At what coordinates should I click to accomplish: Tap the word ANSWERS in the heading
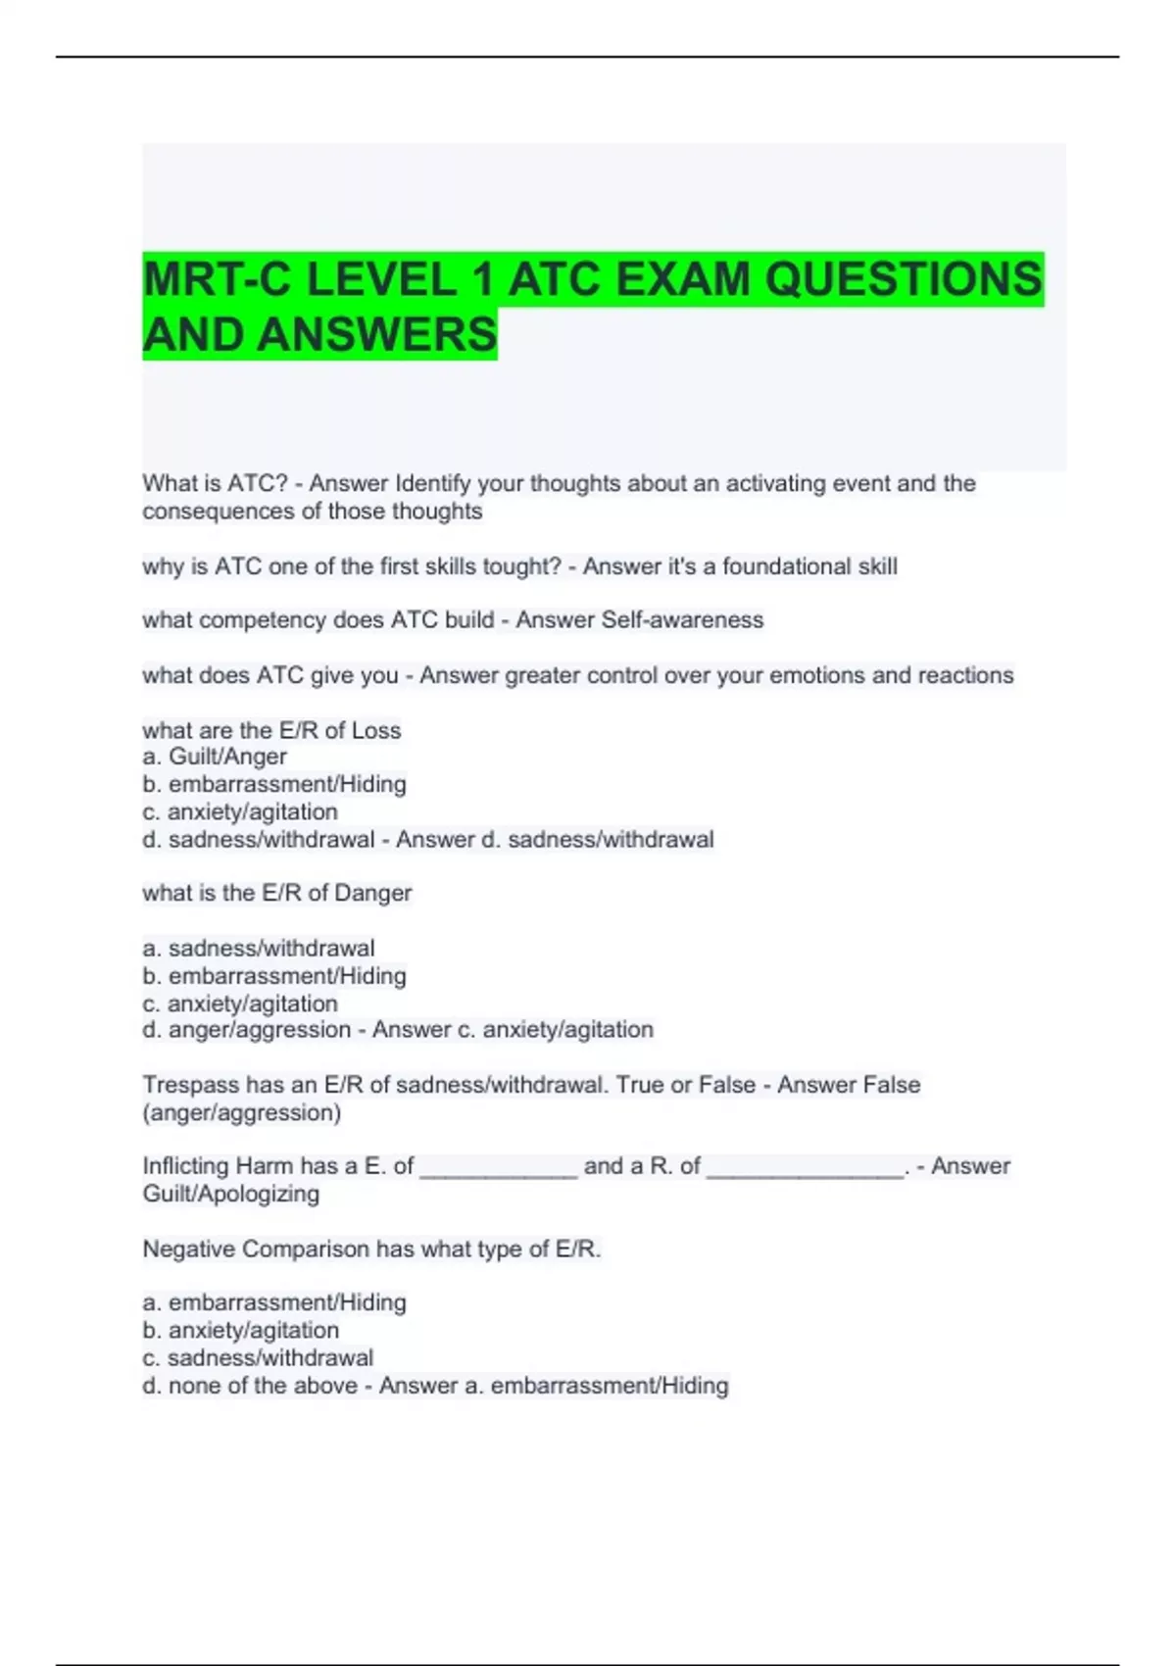pos(377,334)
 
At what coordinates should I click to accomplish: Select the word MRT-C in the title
pos(217,279)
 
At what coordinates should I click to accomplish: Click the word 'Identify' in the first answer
pos(432,483)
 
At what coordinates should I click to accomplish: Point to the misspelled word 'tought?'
pos(527,566)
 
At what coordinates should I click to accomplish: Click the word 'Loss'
pos(376,730)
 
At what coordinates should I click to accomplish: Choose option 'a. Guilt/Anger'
pos(215,757)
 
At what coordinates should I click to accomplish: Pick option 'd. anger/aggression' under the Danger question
pos(247,1030)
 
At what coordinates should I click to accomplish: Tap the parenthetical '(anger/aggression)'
pos(242,1112)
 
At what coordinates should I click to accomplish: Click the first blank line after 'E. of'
pos(499,1168)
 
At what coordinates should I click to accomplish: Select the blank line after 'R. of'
pos(805,1168)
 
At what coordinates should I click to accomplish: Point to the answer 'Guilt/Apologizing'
pos(231,1194)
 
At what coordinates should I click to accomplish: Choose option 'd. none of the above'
pos(250,1386)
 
